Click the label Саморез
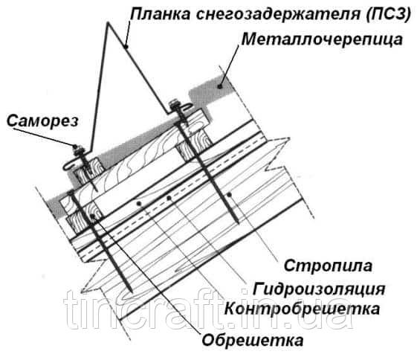42,121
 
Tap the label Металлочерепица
322,40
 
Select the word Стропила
329,266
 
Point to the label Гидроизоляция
319,289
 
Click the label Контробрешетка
302,309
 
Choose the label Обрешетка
253,340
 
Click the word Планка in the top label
161,14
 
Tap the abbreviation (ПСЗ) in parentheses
389,14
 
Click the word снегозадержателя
278,15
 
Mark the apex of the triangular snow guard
109,23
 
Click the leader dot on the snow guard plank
126,47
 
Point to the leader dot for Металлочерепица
220,86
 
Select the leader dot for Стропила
229,195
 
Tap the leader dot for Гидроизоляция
168,198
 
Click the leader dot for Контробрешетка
138,204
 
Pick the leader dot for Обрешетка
92,216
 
